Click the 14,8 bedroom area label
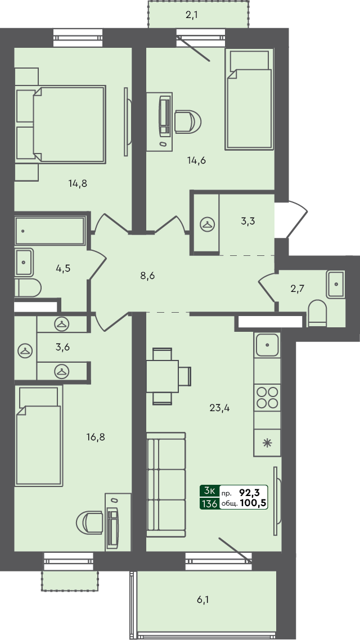(78, 182)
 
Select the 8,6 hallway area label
(147, 276)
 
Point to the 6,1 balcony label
(204, 601)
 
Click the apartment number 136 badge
(209, 503)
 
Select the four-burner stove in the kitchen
(267, 398)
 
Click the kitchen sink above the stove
(267, 344)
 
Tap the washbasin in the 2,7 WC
(336, 284)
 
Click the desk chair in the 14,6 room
(187, 121)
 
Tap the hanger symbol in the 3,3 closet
(208, 224)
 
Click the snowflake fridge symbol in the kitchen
(267, 442)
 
